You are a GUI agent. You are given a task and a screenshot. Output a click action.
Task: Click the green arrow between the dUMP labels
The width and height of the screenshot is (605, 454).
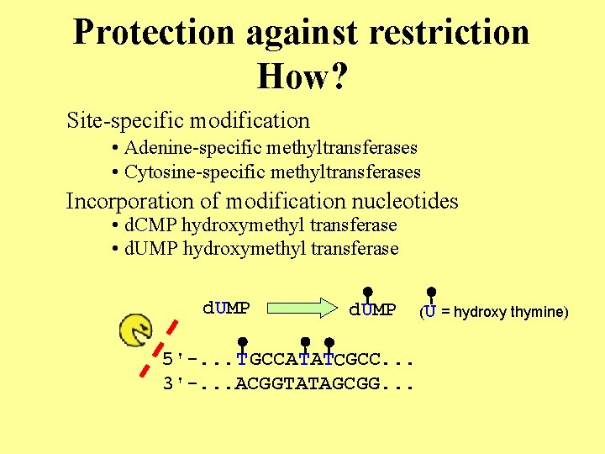305,308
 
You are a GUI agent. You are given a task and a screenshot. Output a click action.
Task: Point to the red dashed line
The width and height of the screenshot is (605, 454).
159,346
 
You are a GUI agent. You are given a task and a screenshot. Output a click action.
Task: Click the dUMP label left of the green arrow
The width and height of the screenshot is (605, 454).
226,308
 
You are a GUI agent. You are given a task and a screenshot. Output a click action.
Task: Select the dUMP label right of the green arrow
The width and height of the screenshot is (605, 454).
372,310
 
